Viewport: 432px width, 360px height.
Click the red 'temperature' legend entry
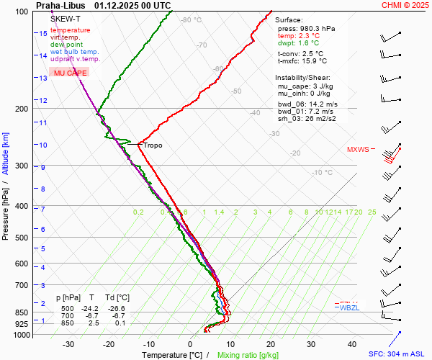[x=71, y=30]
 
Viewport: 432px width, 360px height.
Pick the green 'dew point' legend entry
[x=67, y=45]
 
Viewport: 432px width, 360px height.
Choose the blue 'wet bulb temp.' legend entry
[x=75, y=52]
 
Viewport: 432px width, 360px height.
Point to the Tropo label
[x=153, y=145]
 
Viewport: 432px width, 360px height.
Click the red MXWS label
[x=358, y=150]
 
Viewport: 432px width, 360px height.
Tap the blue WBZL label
[x=349, y=307]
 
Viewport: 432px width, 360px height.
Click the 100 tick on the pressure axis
[x=22, y=12]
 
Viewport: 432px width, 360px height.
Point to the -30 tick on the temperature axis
[x=69, y=344]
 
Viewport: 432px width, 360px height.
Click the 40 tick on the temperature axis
[x=352, y=344]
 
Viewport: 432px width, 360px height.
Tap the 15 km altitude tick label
[x=43, y=34]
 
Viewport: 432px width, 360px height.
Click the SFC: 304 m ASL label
[x=397, y=354]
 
